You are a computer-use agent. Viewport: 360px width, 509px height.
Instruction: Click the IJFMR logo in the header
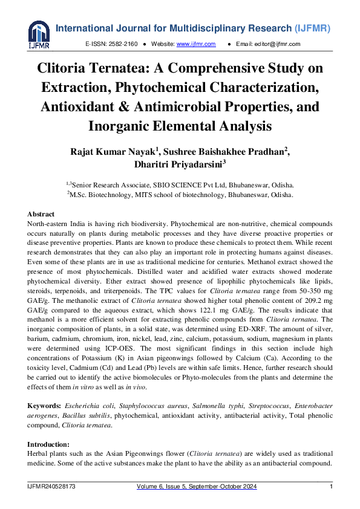coord(39,34)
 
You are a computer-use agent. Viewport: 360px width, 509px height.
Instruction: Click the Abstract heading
coord(41,214)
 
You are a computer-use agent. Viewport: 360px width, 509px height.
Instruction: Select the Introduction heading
coord(49,444)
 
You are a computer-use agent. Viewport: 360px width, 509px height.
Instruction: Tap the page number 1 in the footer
coord(331,487)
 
